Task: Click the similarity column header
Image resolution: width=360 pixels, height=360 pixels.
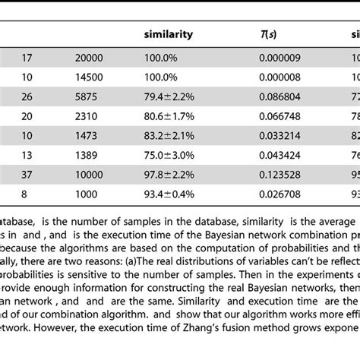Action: point(168,34)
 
